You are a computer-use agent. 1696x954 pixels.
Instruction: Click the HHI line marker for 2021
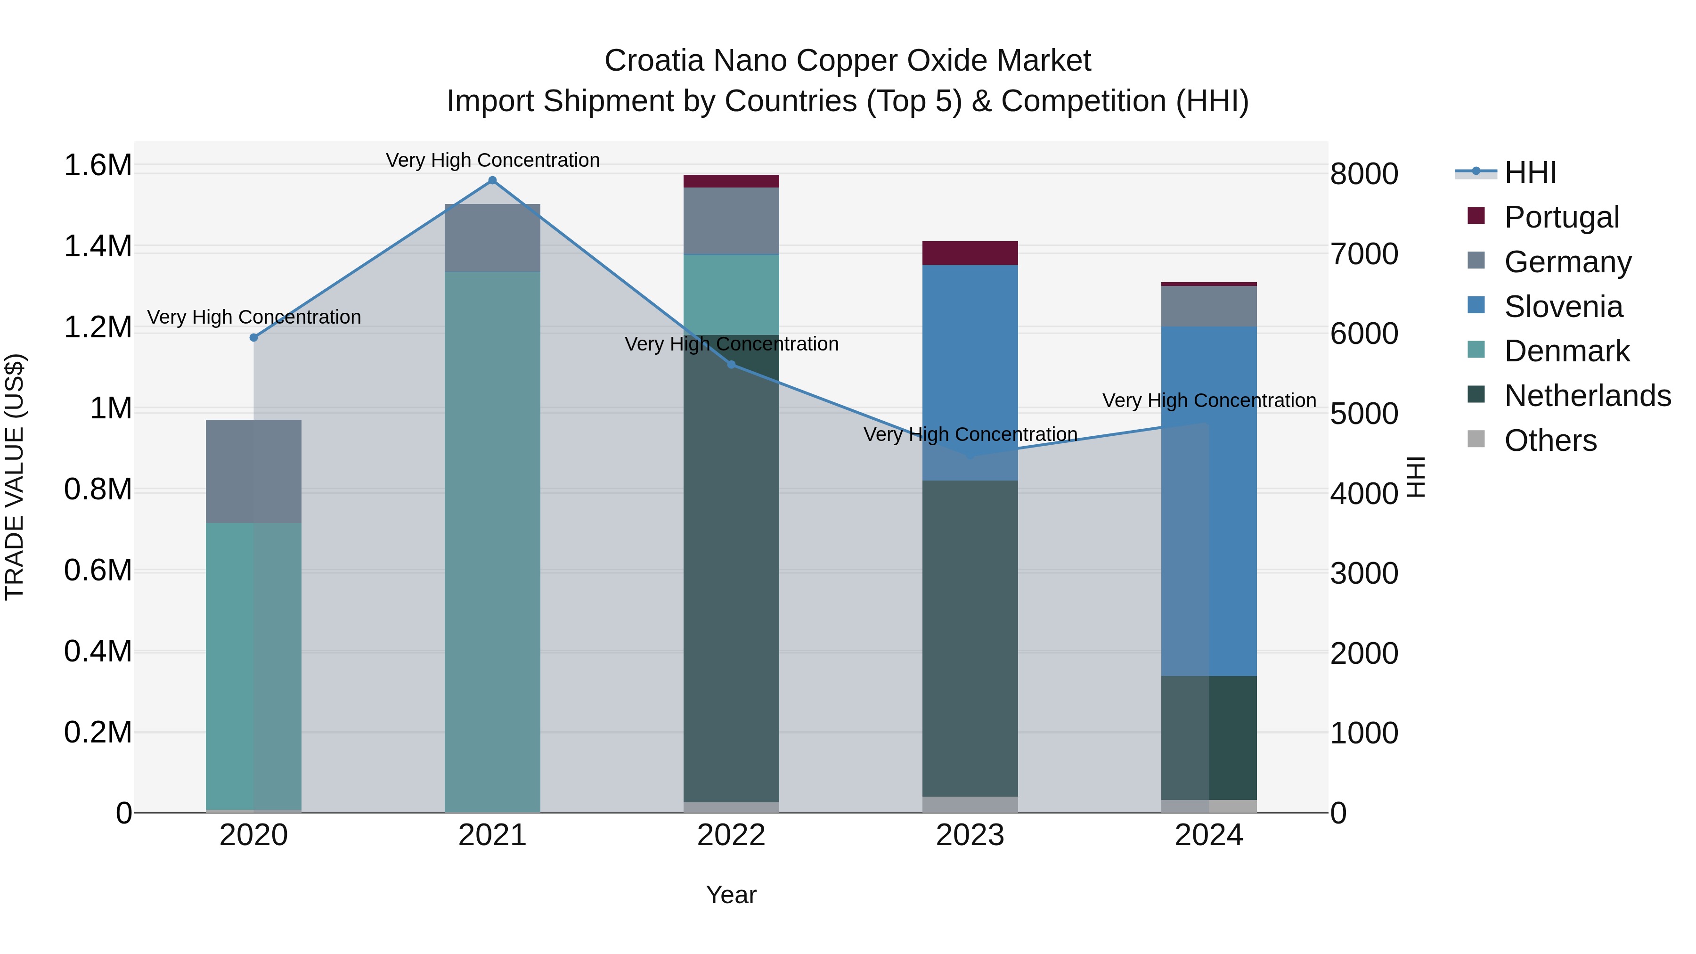click(x=492, y=180)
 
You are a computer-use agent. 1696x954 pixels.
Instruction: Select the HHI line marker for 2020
click(x=253, y=338)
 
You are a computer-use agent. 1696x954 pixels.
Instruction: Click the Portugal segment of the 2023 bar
click(x=970, y=253)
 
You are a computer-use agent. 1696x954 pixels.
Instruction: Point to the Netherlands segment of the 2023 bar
click(x=970, y=639)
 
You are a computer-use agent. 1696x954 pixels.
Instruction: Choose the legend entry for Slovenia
click(x=1563, y=307)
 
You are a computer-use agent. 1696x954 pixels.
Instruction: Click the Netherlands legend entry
click(x=1587, y=396)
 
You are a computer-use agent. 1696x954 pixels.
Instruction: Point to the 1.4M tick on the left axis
click(x=98, y=247)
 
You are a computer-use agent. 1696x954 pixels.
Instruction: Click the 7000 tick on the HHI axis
click(x=1364, y=254)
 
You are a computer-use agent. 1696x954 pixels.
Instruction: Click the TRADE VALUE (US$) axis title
click(x=15, y=477)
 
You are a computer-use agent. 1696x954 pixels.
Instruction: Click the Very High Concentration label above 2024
click(x=1209, y=400)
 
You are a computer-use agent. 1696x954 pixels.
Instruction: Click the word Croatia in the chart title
click(x=654, y=61)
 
